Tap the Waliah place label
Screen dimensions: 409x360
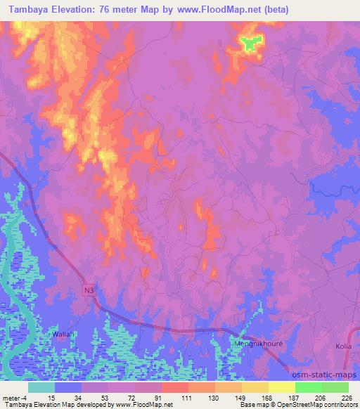click(x=63, y=335)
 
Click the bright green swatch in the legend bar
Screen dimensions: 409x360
click(x=309, y=387)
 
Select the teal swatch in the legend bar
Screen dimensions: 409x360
click(x=41, y=387)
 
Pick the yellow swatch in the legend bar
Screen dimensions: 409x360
click(x=282, y=387)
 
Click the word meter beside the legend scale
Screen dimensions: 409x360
click(x=10, y=397)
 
